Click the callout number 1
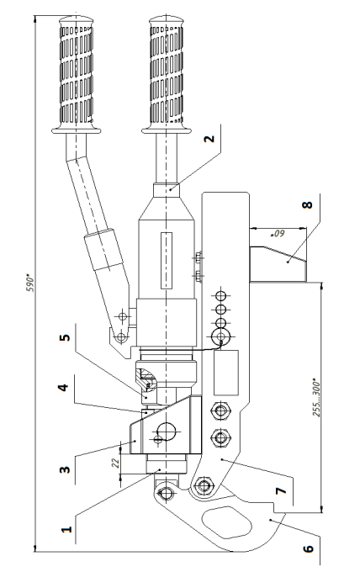(x=66, y=529)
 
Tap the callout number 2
(x=209, y=139)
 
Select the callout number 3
(x=65, y=469)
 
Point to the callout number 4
(x=63, y=387)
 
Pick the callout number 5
(x=65, y=337)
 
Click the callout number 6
(x=308, y=548)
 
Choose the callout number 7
(x=282, y=490)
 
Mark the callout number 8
(x=308, y=204)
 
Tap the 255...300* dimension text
(x=316, y=400)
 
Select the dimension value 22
(x=115, y=463)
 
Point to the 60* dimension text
(x=278, y=234)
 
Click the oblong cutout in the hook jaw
(x=227, y=522)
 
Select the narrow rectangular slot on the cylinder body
(x=167, y=261)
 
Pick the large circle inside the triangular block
(x=167, y=432)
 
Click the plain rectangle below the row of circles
(x=226, y=373)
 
